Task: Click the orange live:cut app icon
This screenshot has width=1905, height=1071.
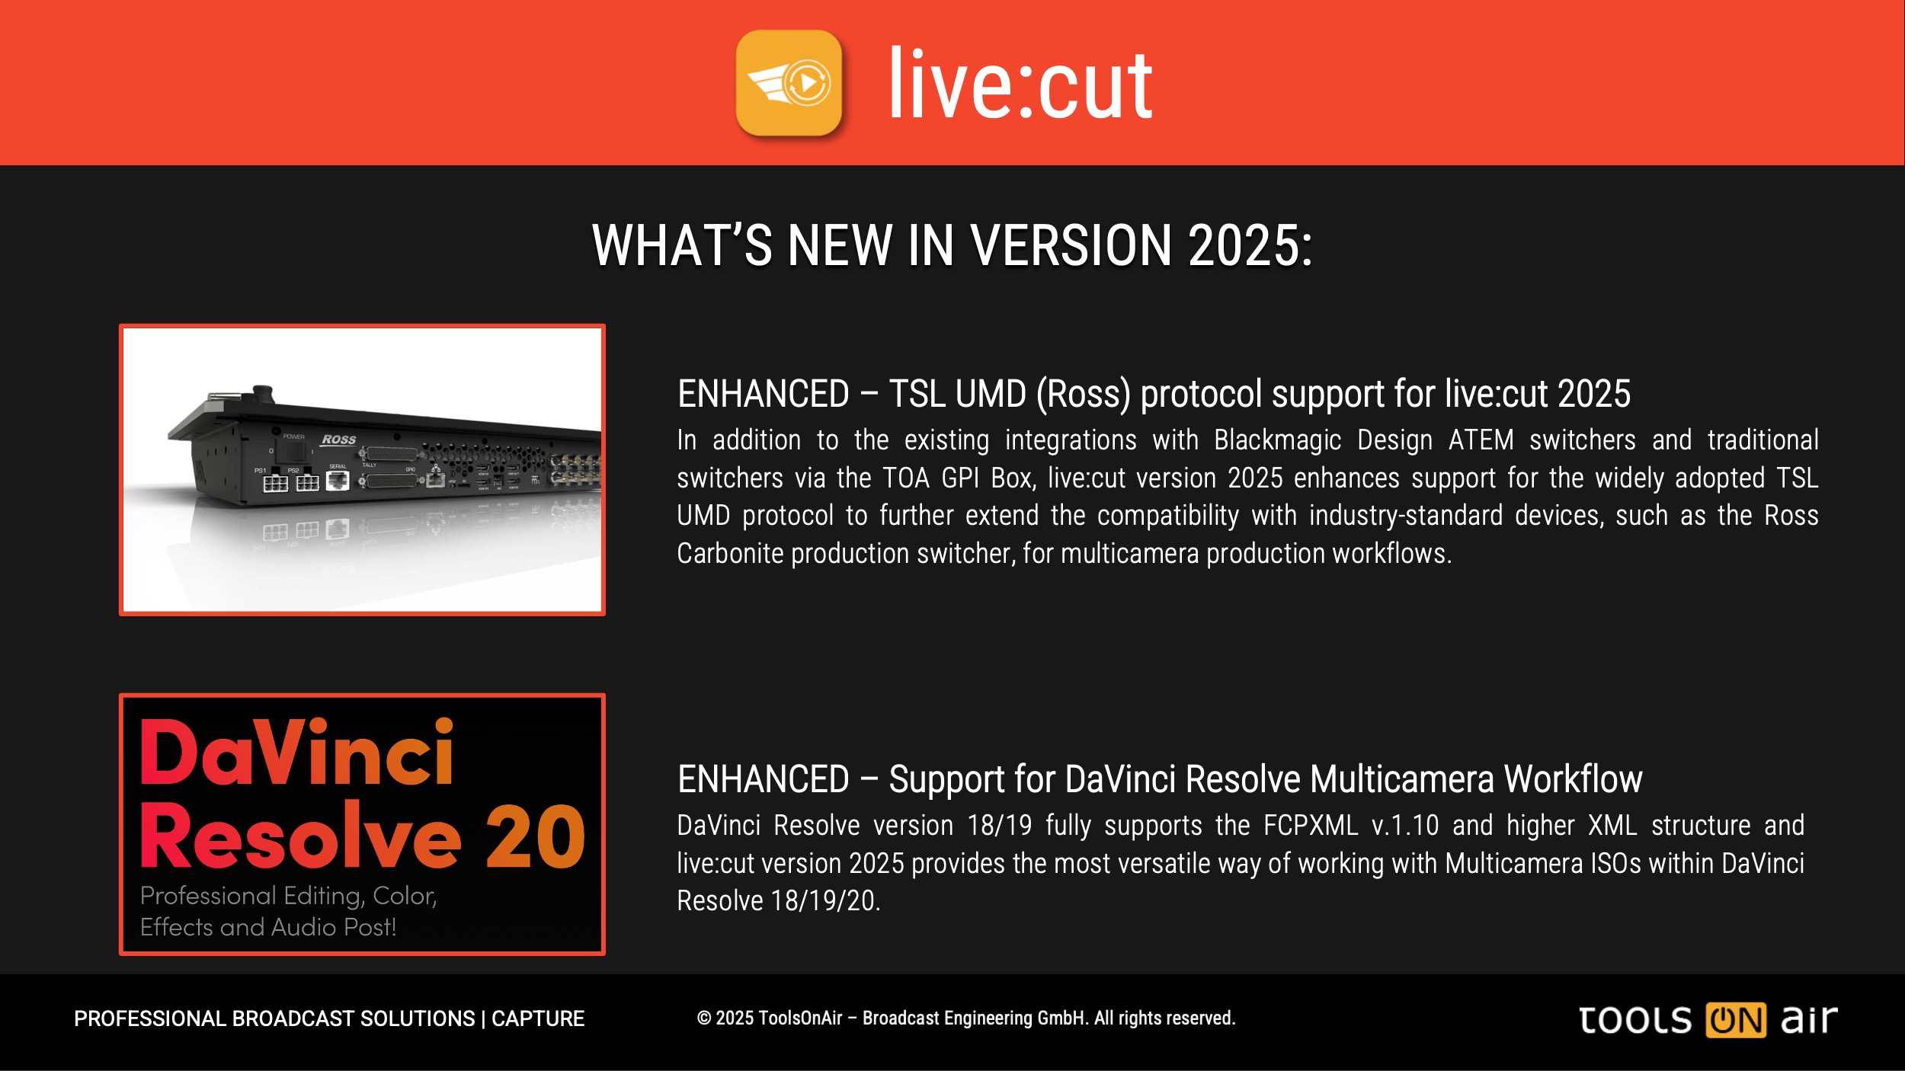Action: click(x=789, y=82)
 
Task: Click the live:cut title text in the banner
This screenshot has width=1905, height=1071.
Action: click(x=1020, y=84)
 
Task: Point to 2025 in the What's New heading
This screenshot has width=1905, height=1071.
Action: click(x=1250, y=246)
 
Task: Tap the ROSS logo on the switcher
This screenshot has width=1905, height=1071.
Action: click(x=339, y=440)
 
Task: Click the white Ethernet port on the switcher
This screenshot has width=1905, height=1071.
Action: click(x=338, y=480)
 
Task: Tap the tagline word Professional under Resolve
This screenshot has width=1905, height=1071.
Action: click(x=208, y=896)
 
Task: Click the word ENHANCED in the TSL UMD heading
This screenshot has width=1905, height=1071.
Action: click(x=764, y=394)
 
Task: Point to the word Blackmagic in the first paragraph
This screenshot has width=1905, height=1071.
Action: click(x=1277, y=440)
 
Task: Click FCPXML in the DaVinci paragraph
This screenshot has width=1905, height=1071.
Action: click(x=1311, y=826)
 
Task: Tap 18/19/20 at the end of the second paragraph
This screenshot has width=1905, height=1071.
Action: click(x=825, y=901)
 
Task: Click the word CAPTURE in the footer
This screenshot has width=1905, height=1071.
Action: click(x=538, y=1018)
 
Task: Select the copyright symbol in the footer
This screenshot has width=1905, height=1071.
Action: click(x=704, y=1018)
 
